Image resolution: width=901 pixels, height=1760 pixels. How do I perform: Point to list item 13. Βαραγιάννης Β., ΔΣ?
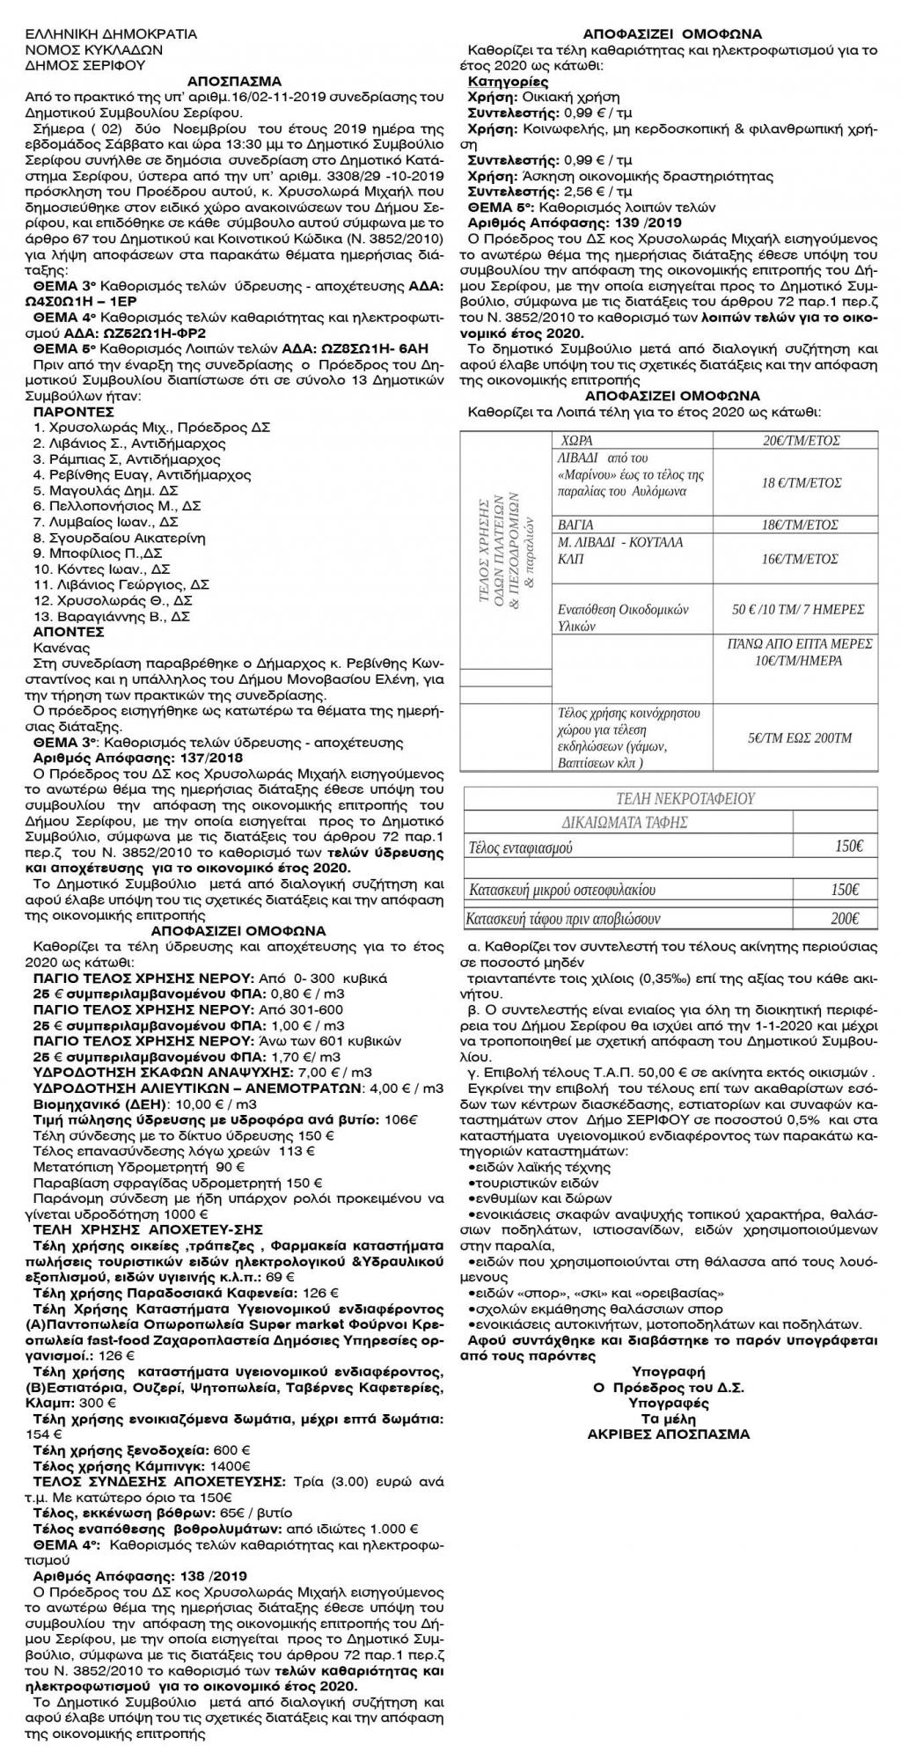pos(112,617)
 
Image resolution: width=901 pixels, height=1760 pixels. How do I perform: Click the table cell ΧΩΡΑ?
pos(577,440)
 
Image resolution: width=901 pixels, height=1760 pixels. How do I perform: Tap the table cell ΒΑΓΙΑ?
pos(577,524)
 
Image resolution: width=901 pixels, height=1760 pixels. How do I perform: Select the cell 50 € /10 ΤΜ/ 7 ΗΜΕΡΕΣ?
pos(796,609)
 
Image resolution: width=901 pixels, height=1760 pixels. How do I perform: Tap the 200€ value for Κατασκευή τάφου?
pos(844,919)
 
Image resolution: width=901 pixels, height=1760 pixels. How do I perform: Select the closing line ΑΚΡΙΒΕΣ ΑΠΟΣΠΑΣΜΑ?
pos(668,1434)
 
